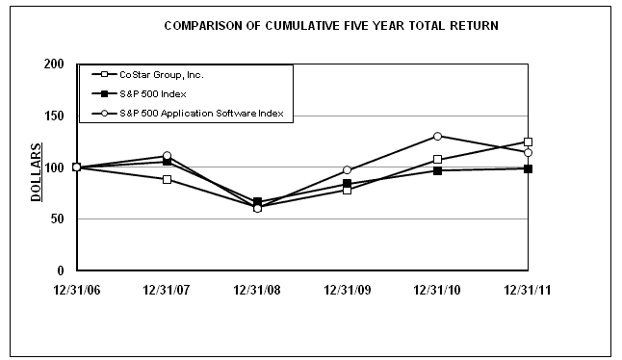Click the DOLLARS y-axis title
pyautogui.click(x=36, y=172)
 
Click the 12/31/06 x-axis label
pyautogui.click(x=76, y=288)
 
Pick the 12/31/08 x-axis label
pyautogui.click(x=257, y=288)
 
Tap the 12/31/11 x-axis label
pyautogui.click(x=528, y=288)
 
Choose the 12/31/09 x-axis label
pyautogui.click(x=347, y=288)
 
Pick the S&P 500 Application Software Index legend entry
pyautogui.click(x=197, y=114)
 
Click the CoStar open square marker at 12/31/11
pyautogui.click(x=528, y=142)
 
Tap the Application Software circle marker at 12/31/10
pyautogui.click(x=437, y=136)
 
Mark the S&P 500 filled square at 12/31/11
pyautogui.click(x=528, y=168)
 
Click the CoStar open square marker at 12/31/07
pyautogui.click(x=167, y=179)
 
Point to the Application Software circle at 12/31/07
pyautogui.click(x=167, y=156)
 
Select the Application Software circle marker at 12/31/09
pyautogui.click(x=347, y=170)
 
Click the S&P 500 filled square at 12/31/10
pyautogui.click(x=437, y=170)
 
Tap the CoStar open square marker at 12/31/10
pyautogui.click(x=437, y=160)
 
